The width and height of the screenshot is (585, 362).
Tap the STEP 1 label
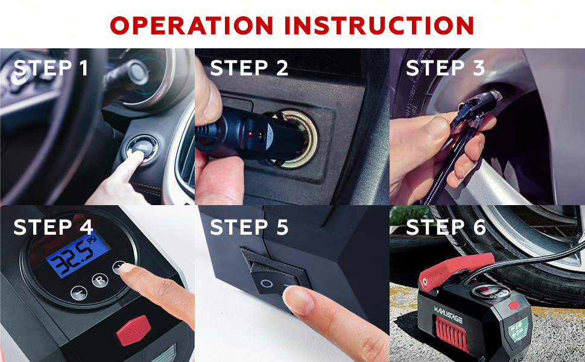(x=51, y=68)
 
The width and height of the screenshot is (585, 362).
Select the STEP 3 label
(x=445, y=68)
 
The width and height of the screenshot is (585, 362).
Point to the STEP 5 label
(x=249, y=227)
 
